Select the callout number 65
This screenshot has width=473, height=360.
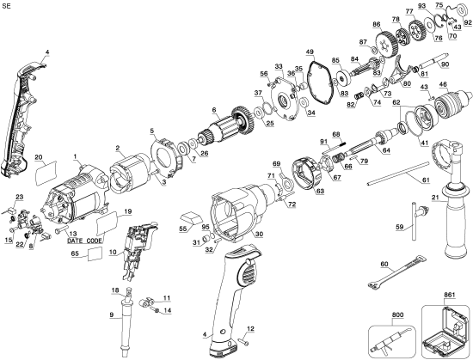click(x=75, y=255)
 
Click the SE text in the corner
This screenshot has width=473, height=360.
click(x=9, y=6)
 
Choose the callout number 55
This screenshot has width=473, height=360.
click(x=182, y=229)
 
